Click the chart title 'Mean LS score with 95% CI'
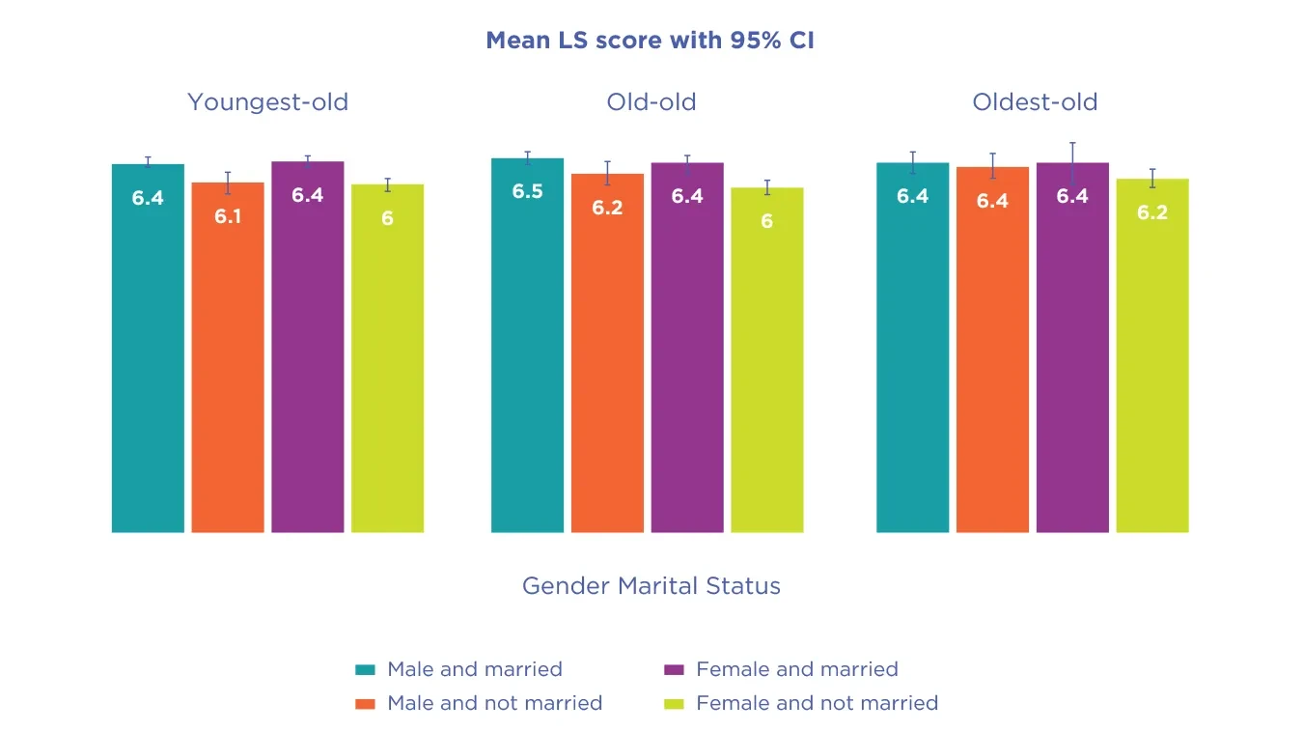coord(651,41)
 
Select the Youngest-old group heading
coord(267,102)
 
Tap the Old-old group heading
coord(651,102)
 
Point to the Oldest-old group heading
coord(1035,102)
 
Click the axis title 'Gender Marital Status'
coord(651,585)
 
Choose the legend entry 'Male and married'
coord(474,669)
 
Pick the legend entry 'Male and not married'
coord(494,703)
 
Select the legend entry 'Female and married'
coord(796,669)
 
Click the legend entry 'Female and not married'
coord(817,703)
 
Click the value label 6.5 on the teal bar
coord(527,191)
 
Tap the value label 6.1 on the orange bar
coord(228,216)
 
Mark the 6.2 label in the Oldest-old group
coord(1152,212)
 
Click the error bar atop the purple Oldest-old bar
coord(1072,163)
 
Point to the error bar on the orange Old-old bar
coord(607,174)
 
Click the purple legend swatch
coord(675,669)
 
